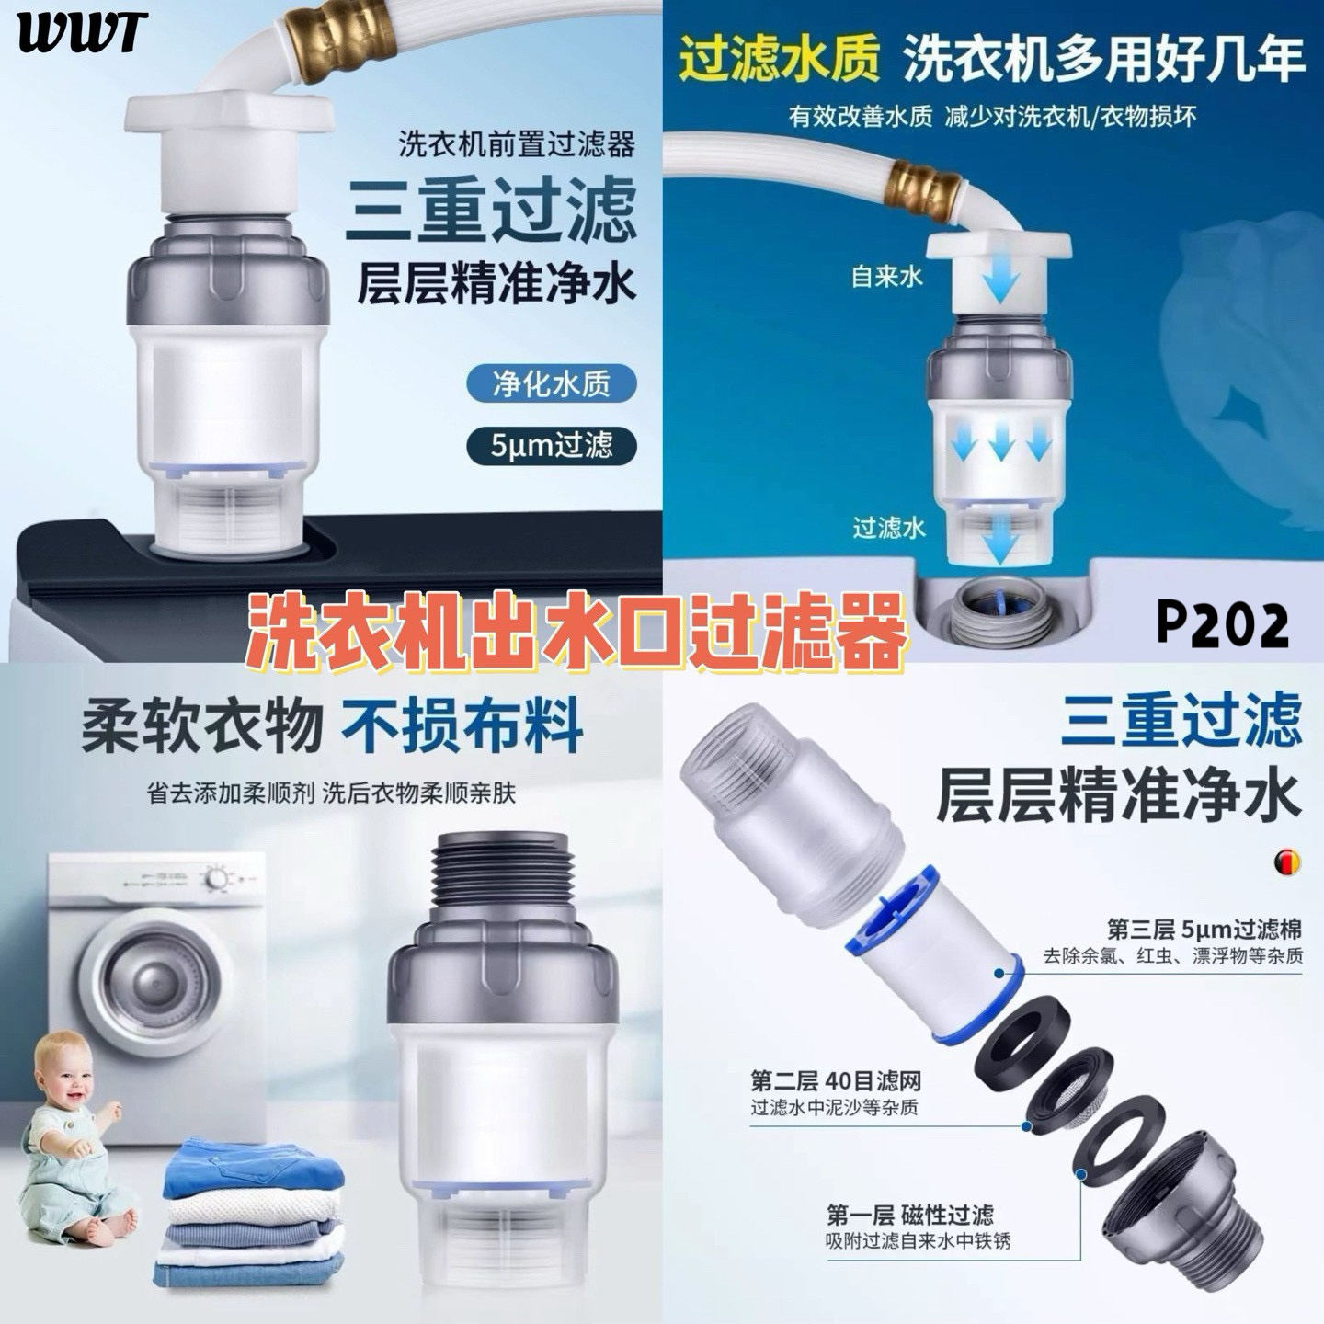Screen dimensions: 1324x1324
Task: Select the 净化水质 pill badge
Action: click(x=551, y=383)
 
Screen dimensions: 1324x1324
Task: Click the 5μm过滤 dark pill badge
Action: click(x=551, y=445)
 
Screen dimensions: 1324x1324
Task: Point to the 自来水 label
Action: click(x=885, y=277)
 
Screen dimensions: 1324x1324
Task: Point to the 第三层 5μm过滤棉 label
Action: click(x=1204, y=930)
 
